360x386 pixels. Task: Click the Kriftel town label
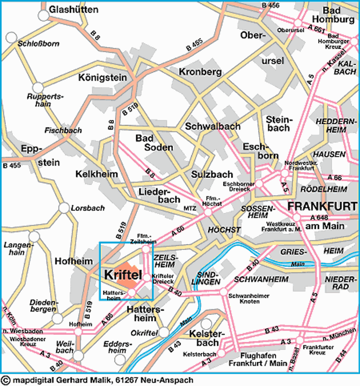coord(123,275)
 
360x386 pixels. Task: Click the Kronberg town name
coord(200,72)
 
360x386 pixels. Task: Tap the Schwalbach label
coord(213,127)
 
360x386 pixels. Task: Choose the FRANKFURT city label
coord(322,207)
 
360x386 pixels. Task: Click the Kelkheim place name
coord(97,175)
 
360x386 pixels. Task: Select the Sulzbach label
coord(212,175)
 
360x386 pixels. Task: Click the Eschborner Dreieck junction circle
coord(259,184)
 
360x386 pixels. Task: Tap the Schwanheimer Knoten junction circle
coord(224,292)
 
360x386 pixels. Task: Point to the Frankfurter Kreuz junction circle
coord(299,340)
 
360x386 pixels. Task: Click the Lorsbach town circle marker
coord(63,208)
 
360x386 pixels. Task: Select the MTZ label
coord(189,207)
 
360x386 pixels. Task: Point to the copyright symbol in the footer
coord(6,380)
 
